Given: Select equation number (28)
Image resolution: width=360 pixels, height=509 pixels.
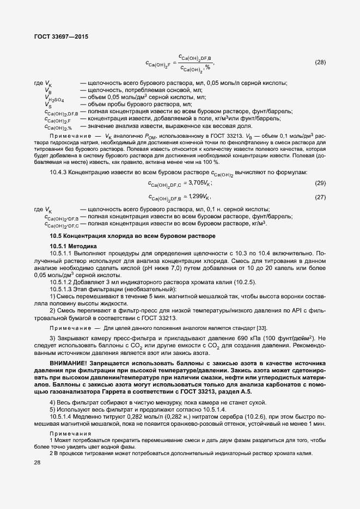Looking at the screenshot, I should (320, 62).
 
